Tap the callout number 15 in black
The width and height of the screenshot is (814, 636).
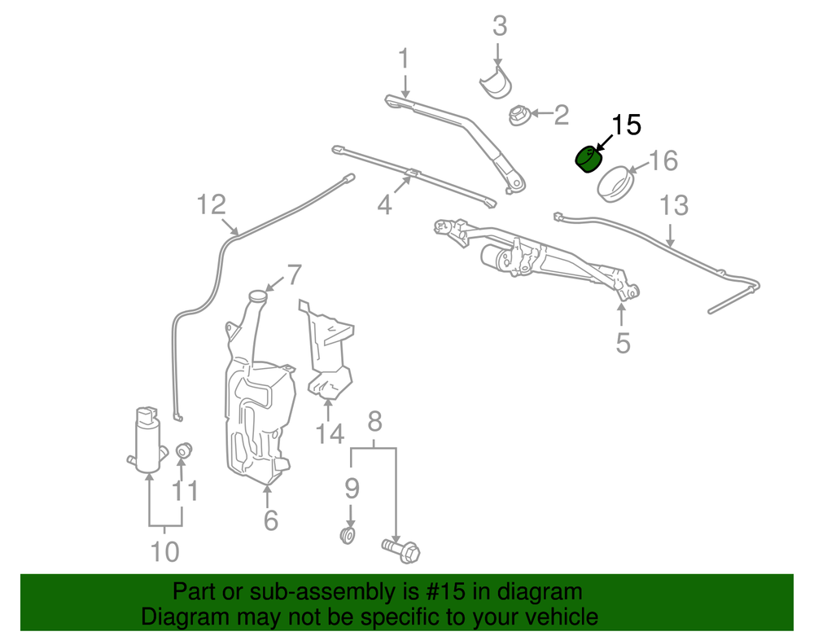(626, 125)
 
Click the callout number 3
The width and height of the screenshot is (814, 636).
(500, 26)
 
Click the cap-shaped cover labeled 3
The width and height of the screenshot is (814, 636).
(496, 81)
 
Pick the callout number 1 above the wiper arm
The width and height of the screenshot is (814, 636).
(403, 59)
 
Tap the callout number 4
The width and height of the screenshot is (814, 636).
(384, 206)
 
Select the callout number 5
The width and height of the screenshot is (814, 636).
(623, 343)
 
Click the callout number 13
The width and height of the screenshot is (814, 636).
(674, 205)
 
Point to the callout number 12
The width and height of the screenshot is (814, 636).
(211, 204)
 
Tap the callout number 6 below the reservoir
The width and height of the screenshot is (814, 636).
(270, 519)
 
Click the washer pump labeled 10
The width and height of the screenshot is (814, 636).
(147, 441)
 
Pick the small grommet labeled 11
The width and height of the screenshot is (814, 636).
(183, 449)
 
